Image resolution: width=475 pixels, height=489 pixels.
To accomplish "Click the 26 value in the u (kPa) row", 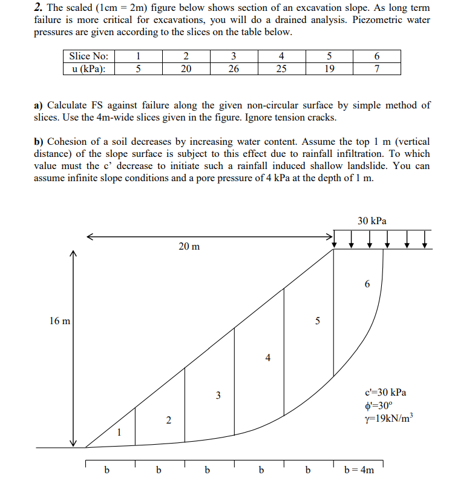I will coord(234,68).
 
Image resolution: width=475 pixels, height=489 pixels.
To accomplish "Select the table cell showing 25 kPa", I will coord(281,68).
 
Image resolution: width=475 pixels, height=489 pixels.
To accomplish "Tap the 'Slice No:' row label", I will coord(89,57).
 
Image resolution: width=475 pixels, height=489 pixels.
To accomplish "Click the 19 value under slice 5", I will coord(329,68).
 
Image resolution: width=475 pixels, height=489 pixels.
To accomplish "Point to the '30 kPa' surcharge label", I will coord(372,221).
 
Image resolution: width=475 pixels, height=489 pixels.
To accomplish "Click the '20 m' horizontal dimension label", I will coord(189,247).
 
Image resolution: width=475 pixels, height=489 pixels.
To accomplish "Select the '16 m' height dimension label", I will coord(59,321).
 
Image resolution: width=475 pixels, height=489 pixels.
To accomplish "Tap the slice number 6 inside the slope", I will coord(367,284).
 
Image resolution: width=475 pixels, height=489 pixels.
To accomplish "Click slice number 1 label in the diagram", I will coord(120,432).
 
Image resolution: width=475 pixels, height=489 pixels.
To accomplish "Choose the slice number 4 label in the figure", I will coord(267,357).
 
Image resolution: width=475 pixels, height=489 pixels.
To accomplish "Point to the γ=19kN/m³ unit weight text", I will coord(385,418).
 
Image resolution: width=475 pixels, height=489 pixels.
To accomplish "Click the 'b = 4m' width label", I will coord(359,470).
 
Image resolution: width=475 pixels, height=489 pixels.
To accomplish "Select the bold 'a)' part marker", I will coord(39,105).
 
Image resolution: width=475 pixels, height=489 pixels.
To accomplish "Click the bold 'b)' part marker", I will coord(39,141).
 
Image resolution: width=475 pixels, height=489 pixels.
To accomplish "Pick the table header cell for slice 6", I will coord(377,57).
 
